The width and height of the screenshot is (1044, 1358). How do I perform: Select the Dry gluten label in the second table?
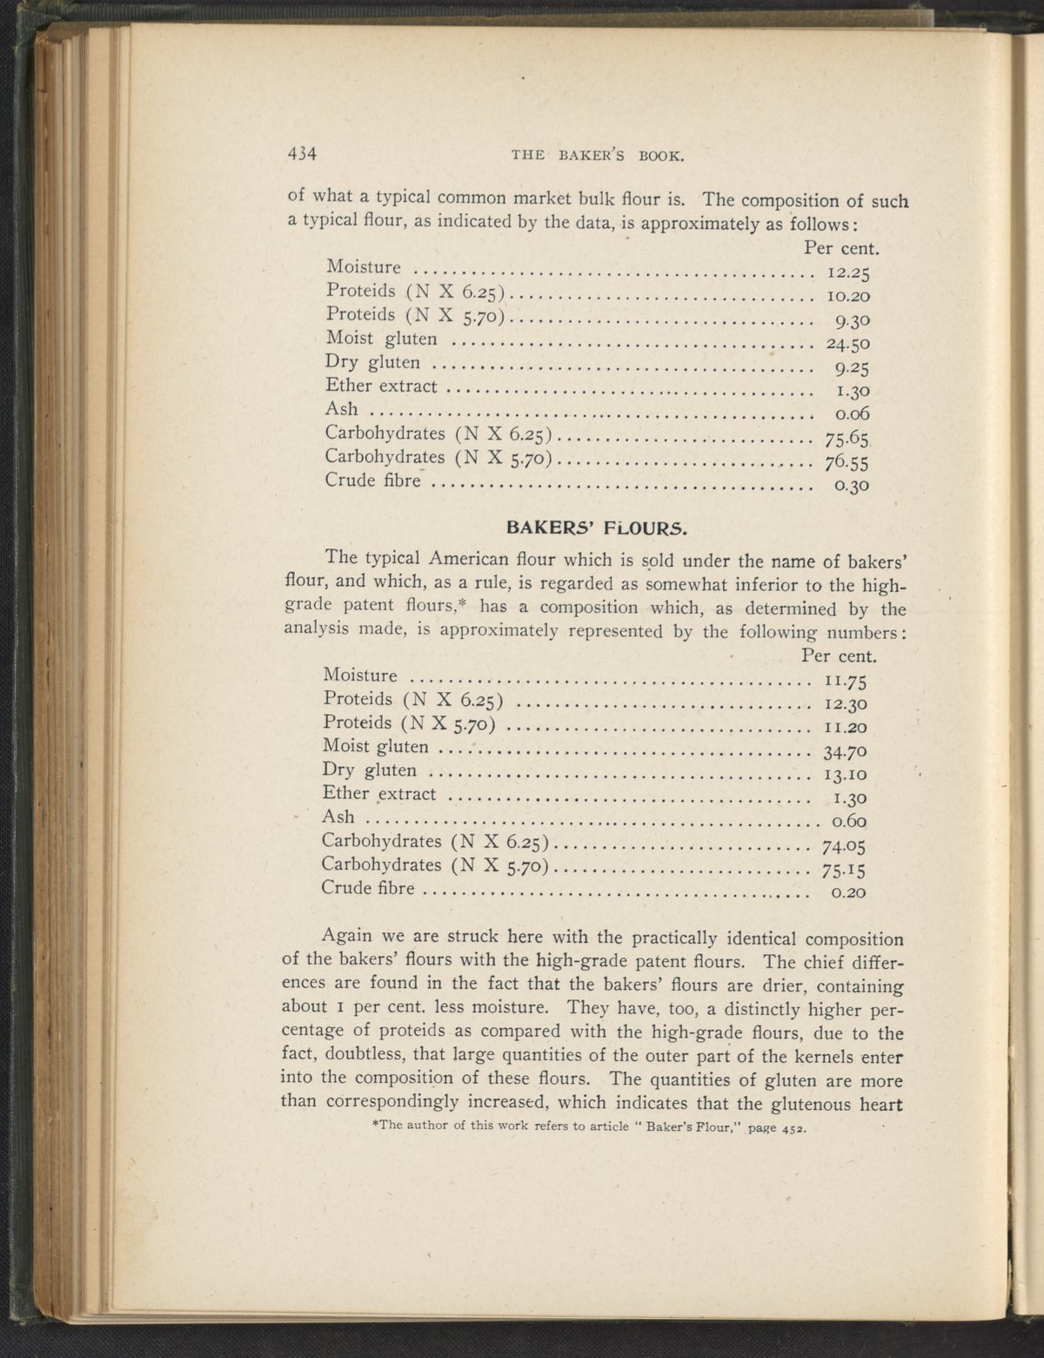click(x=370, y=770)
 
